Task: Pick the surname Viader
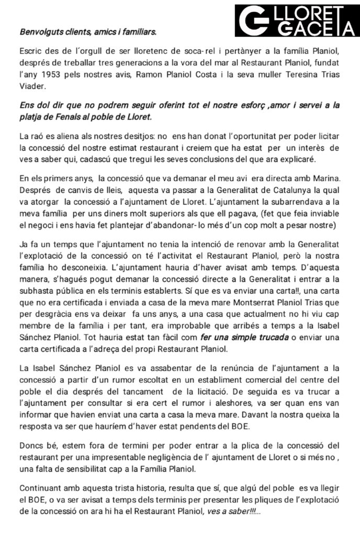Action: pyautogui.click(x=31, y=85)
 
